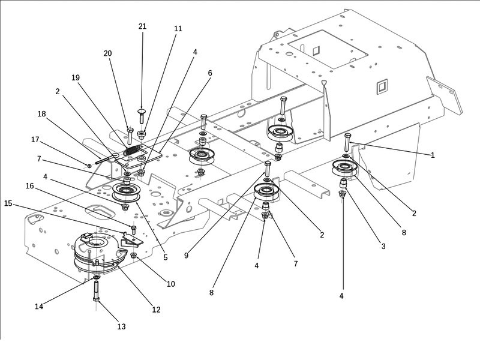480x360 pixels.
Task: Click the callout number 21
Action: click(x=142, y=26)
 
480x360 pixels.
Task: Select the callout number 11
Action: click(x=178, y=29)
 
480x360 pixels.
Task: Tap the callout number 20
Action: click(x=108, y=53)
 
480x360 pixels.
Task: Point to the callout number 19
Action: click(x=76, y=77)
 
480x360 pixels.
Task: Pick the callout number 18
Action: click(x=41, y=113)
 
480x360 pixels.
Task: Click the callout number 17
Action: click(x=35, y=140)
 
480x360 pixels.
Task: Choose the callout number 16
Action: click(x=29, y=186)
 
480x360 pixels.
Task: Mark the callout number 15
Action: click(x=8, y=203)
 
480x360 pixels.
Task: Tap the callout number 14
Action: click(x=39, y=306)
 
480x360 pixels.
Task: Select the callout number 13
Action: click(x=122, y=327)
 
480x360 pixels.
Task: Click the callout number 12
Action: click(x=156, y=310)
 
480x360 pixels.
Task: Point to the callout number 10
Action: click(x=171, y=284)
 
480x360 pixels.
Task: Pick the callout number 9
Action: click(x=186, y=256)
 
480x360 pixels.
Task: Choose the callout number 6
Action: click(x=210, y=73)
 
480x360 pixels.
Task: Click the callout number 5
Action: click(x=165, y=257)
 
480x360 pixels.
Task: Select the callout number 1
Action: click(x=432, y=155)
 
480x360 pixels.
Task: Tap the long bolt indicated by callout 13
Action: click(x=96, y=292)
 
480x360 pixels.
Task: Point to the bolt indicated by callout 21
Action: click(x=142, y=116)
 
